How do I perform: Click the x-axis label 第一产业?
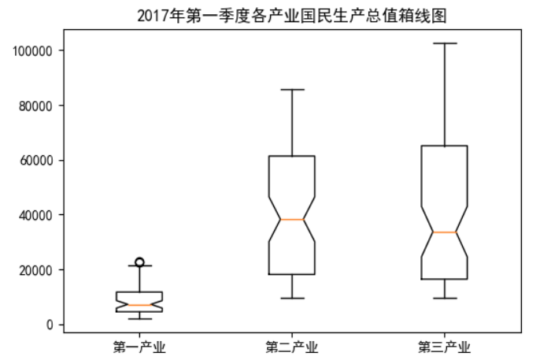(139, 346)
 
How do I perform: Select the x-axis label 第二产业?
(292, 346)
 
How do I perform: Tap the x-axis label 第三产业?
(444, 346)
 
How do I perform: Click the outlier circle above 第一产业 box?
(139, 262)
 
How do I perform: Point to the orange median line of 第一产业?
(139, 305)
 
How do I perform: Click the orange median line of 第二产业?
(292, 219)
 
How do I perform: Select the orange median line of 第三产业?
(444, 232)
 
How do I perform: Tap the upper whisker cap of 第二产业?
(292, 90)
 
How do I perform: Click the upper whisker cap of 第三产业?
(444, 43)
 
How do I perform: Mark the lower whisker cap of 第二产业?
(292, 299)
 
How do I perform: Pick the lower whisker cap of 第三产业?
(444, 299)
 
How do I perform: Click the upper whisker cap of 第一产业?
(139, 266)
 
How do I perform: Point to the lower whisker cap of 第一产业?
(139, 318)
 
